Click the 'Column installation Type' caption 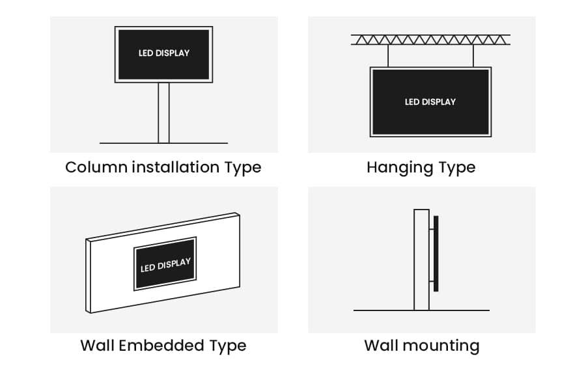point(163,167)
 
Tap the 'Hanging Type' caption point(421,167)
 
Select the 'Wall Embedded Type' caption point(163,345)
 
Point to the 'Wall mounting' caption point(421,345)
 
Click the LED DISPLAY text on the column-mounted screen point(164,53)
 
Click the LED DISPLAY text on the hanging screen point(430,102)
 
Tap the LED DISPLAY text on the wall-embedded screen point(165,265)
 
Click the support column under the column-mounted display point(163,112)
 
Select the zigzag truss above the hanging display point(430,40)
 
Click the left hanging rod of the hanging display point(388,56)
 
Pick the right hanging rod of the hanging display point(472,56)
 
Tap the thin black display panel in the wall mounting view point(436,253)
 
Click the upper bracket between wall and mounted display point(431,228)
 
